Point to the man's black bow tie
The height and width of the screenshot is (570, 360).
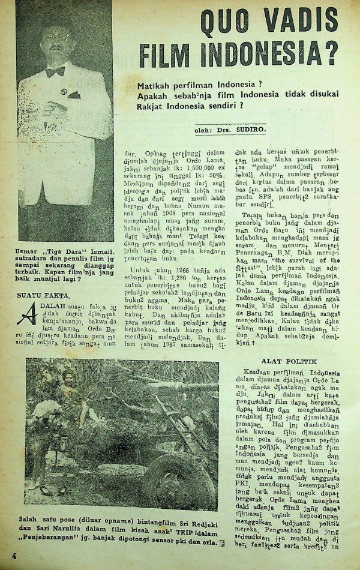[55, 72]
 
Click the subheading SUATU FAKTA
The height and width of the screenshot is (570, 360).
[43, 295]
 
